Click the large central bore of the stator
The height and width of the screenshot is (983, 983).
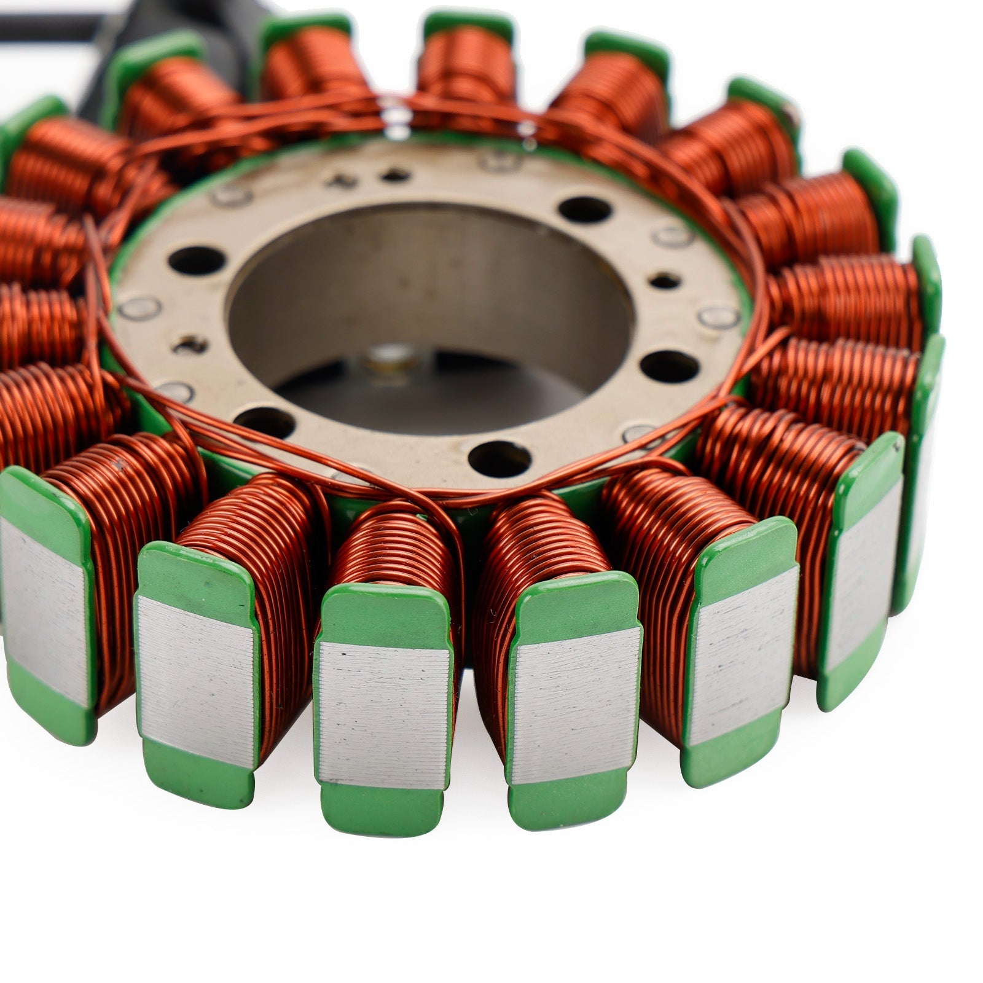point(430,307)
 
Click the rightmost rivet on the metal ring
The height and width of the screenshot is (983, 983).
point(719,317)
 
